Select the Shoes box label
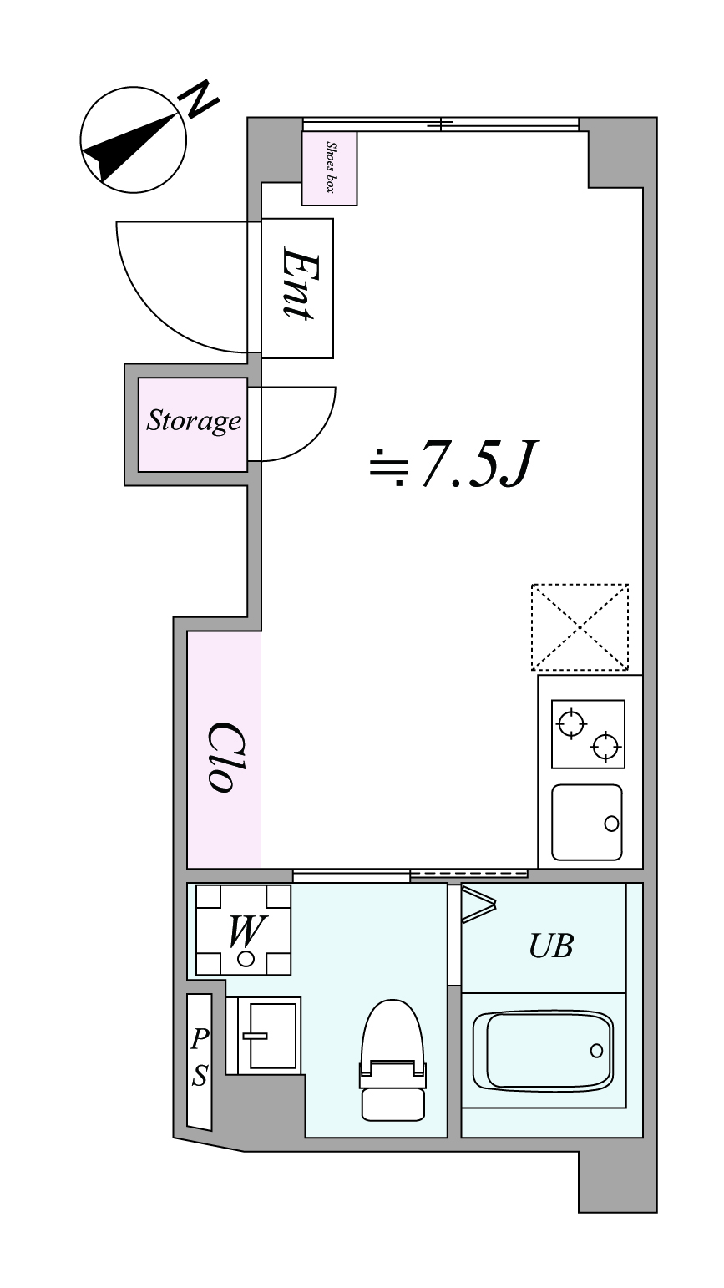coord(330,167)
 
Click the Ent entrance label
coord(298,283)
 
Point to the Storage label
coord(194,421)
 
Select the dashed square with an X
coord(580,627)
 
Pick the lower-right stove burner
coord(606,747)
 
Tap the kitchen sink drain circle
coord(611,824)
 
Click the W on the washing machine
coord(246,931)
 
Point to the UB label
coord(551,946)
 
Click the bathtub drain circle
coord(596,1051)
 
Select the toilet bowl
coord(393,1060)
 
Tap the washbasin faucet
coord(256,1036)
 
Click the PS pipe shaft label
coord(199,1057)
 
